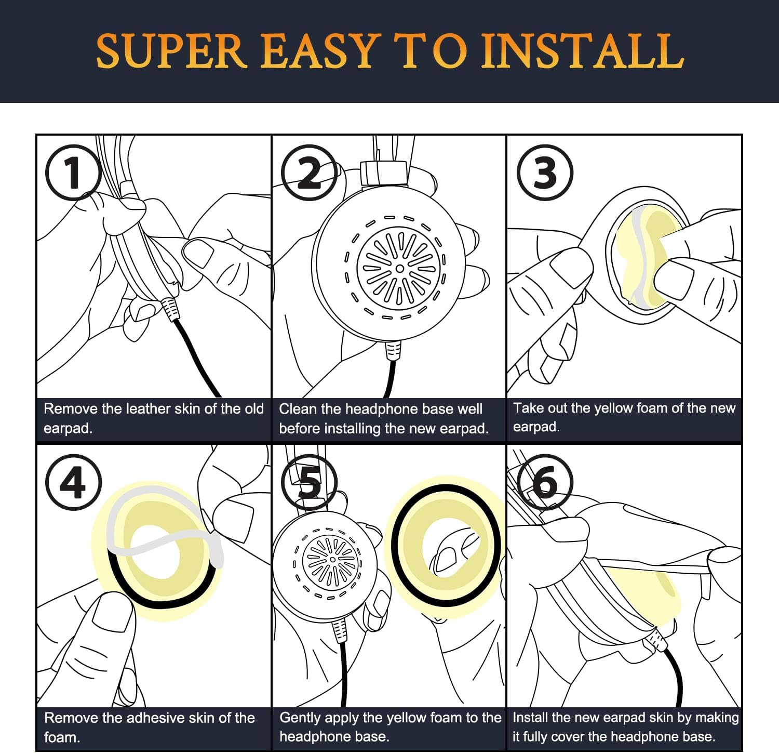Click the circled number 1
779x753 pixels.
73,172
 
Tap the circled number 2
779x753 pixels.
309,172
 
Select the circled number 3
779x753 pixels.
545,172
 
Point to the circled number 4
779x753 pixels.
73,482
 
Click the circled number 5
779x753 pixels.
309,482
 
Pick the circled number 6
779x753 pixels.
545,482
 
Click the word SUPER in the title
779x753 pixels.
171,51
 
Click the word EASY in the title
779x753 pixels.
318,51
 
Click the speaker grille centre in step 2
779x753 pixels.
399,268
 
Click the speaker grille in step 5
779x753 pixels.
331,560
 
